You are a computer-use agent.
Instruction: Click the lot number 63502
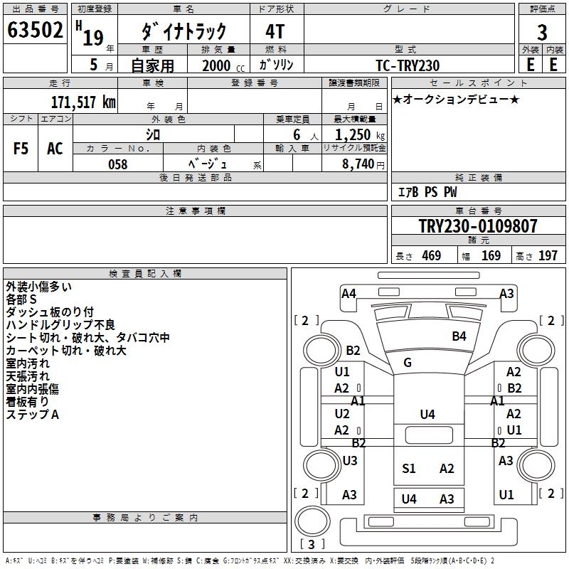pos(34,32)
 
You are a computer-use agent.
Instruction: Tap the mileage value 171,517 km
pos(83,102)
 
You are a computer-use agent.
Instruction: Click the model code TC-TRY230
pos(408,65)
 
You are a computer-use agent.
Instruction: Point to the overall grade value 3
pos(542,33)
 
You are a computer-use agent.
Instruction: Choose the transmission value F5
pos(21,149)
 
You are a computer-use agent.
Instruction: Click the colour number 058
pos(117,164)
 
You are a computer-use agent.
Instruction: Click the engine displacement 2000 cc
pos(218,65)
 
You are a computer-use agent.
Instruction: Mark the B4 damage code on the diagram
pos(459,336)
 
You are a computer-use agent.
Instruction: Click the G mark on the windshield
pos(408,363)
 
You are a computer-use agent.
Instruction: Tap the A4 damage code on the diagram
pos(349,293)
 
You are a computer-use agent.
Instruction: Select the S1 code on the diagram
pos(408,468)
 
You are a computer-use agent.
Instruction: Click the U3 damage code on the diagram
pos(349,461)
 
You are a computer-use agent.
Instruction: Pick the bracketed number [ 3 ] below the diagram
pos(313,544)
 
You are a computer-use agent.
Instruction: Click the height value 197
pos(548,256)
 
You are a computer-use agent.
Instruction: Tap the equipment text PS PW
pos(441,193)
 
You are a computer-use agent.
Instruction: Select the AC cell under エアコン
pos(55,149)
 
